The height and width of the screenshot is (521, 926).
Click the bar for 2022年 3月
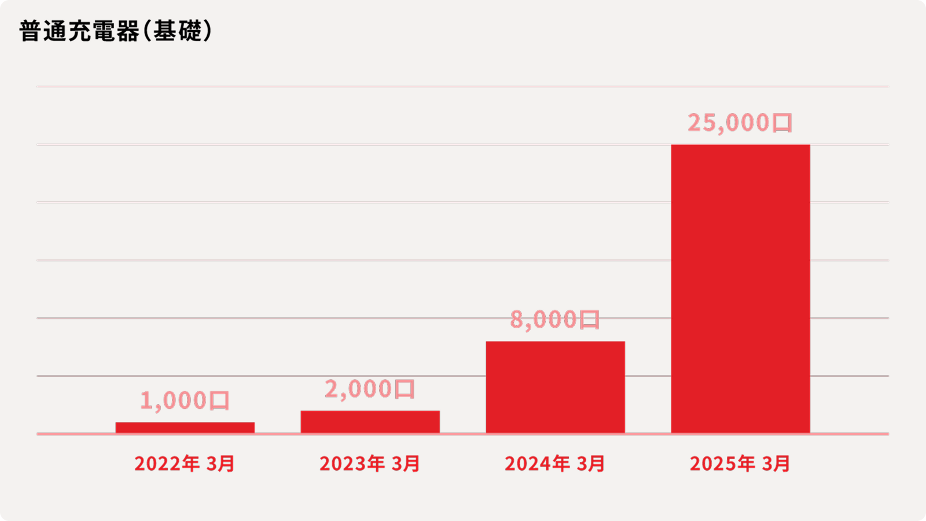185,427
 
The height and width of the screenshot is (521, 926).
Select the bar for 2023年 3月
370,421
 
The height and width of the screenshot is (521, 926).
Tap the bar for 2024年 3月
555,387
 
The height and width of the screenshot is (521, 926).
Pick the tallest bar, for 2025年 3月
740,288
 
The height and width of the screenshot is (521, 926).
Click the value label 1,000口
185,401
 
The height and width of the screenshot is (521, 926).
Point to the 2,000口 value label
370,389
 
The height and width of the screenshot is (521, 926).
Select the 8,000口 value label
555,320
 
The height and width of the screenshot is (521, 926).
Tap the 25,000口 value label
740,123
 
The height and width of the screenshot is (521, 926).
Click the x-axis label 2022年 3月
185,464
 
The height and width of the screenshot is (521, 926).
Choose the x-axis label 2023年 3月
370,464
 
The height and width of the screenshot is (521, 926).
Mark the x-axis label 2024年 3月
555,464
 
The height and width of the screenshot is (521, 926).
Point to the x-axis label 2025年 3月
740,464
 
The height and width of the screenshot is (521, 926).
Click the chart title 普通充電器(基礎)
116,31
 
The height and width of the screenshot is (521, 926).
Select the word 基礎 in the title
177,31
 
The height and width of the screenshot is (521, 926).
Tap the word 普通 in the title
43,31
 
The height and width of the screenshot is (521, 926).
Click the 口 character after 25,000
782,123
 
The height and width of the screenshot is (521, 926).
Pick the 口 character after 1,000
219,401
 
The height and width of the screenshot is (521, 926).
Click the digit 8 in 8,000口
516,320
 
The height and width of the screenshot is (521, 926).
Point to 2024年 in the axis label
538,464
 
